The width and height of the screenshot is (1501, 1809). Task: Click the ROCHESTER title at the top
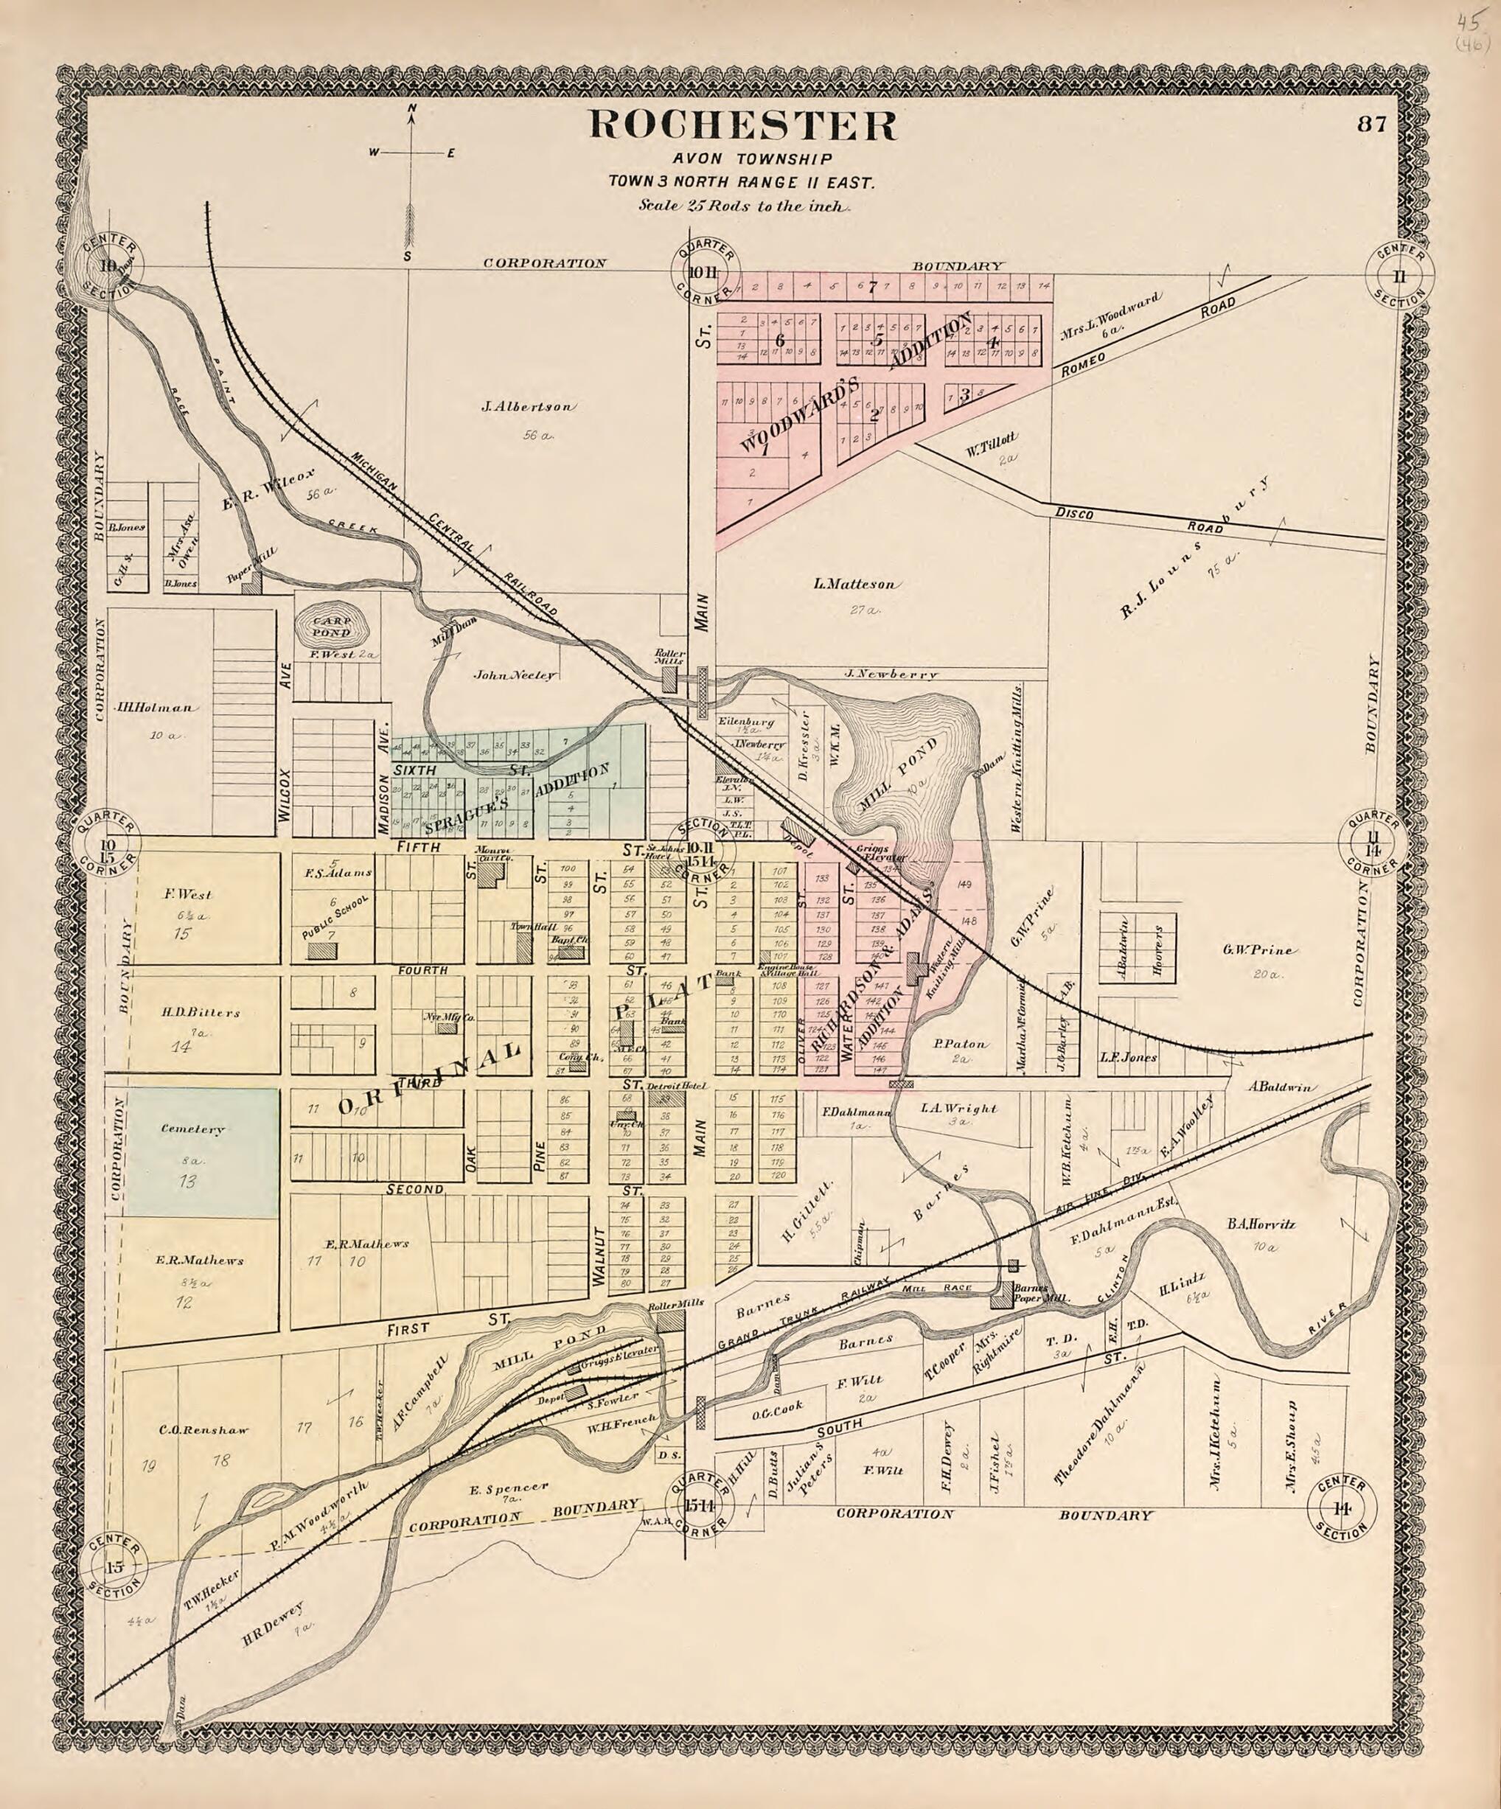[742, 126]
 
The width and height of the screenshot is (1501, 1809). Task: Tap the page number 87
[1371, 124]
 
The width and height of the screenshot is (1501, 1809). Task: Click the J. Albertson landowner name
[528, 407]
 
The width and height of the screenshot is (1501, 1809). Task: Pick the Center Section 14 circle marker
[1341, 1508]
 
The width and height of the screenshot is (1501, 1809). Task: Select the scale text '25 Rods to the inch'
[745, 206]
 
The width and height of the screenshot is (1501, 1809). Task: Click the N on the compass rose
[412, 108]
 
